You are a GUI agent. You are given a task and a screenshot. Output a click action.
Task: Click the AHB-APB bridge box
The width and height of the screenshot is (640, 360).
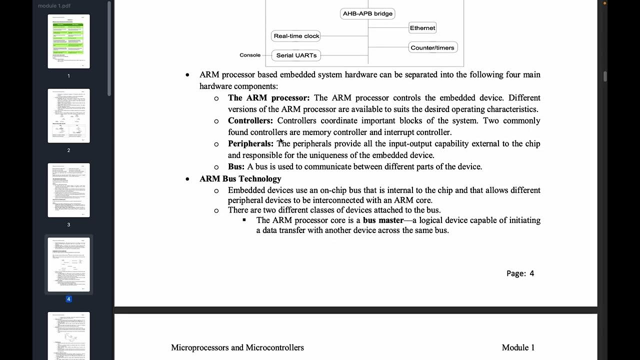click(367, 13)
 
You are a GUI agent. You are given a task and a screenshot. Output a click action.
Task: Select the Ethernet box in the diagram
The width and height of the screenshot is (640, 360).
click(422, 28)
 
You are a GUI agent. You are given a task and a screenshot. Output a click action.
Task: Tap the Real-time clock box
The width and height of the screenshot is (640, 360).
click(296, 36)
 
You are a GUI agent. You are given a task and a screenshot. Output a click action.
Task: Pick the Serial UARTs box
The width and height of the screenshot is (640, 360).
click(296, 55)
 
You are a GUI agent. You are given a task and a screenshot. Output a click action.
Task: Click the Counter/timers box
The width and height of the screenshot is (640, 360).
click(432, 48)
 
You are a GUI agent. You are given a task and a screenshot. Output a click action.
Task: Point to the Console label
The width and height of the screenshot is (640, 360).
click(250, 55)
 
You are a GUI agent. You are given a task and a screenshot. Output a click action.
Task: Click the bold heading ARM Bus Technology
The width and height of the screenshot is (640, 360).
click(240, 179)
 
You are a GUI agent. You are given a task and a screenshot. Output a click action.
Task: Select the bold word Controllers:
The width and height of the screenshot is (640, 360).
click(250, 120)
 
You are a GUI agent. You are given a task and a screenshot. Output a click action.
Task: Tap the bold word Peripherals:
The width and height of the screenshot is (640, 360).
click(250, 143)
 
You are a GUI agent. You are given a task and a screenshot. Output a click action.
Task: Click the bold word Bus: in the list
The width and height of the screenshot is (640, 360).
click(236, 166)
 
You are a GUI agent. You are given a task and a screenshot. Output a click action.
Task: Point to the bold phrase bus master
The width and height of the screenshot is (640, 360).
click(383, 220)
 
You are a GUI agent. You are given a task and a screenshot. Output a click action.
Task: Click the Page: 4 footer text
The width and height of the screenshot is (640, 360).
click(520, 273)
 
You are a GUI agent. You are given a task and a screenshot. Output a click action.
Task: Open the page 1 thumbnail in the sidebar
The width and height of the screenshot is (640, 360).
click(69, 41)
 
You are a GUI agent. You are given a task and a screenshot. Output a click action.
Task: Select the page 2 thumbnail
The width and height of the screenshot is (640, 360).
click(69, 115)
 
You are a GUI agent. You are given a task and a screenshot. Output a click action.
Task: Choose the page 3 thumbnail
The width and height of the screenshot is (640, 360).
click(69, 190)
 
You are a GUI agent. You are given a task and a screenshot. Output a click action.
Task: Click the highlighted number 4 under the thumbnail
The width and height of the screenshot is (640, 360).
click(68, 299)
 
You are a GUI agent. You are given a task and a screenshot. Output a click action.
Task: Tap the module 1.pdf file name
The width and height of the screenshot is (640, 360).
click(54, 5)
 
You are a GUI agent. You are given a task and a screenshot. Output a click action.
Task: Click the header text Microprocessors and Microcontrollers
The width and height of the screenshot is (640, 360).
click(237, 347)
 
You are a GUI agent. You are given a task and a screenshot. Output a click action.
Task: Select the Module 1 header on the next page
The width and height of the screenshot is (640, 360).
click(518, 347)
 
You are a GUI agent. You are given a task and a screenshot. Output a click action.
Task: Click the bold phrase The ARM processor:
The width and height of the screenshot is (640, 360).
click(268, 97)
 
